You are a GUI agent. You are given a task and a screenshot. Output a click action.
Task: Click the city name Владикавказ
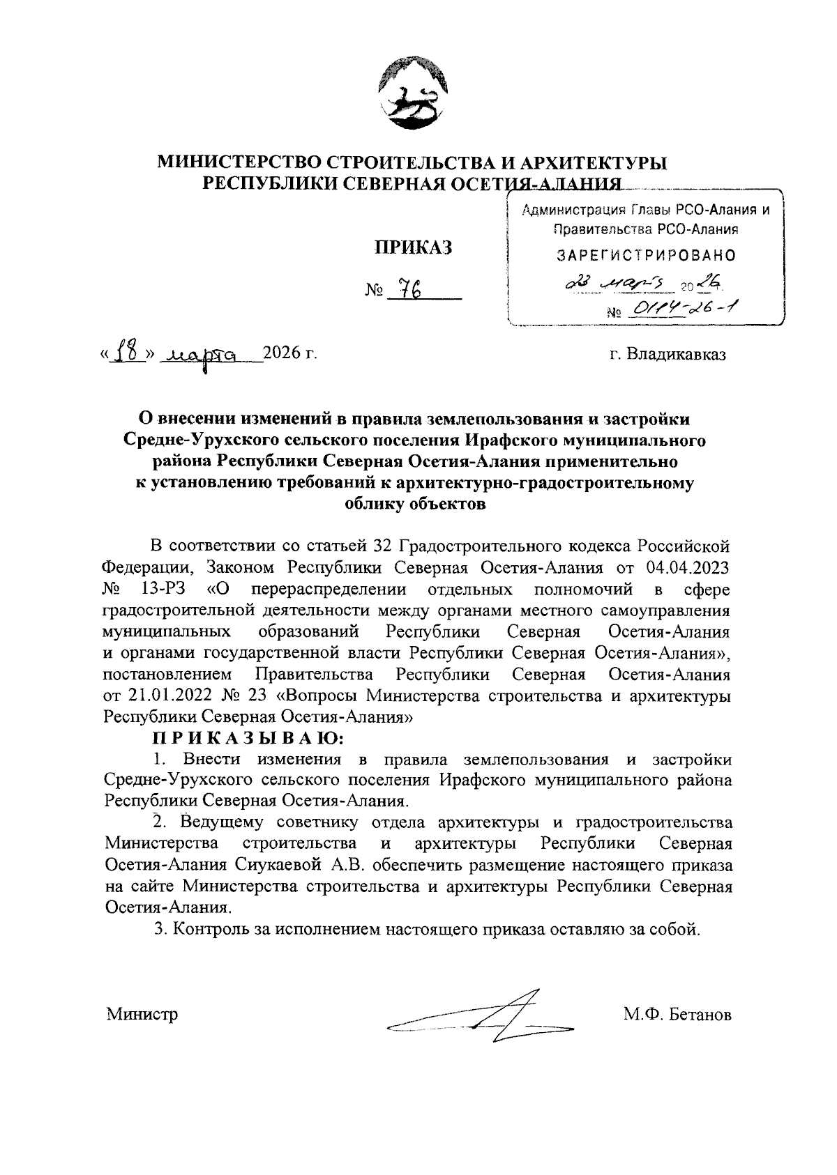[677, 355]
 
